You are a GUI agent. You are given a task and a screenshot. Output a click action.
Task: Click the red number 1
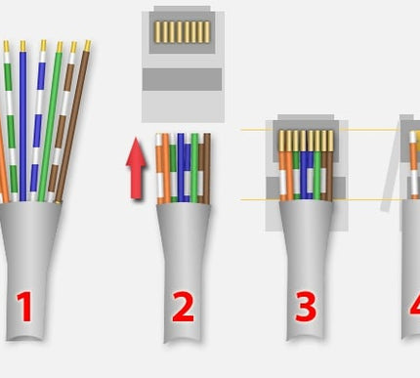[x=23, y=307]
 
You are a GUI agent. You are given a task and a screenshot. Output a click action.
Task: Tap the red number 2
[x=182, y=307]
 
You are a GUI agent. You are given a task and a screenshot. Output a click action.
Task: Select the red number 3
[x=306, y=307]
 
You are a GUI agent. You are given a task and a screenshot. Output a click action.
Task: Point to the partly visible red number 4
[x=413, y=307]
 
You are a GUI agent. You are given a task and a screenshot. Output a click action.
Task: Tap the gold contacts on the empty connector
[x=183, y=32]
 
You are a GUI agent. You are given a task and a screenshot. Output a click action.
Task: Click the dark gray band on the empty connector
[x=183, y=79]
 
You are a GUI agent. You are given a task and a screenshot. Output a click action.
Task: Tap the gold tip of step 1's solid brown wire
[x=87, y=46]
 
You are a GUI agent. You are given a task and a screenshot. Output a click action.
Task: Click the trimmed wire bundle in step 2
[x=182, y=166]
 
